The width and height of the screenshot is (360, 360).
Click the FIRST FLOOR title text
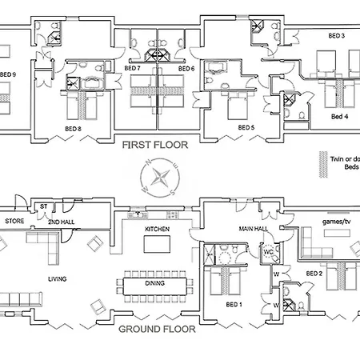(x=155, y=145)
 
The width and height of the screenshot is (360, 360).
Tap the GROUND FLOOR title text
(x=157, y=330)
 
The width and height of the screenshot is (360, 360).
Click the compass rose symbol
(x=160, y=178)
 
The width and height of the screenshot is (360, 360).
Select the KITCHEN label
(x=158, y=229)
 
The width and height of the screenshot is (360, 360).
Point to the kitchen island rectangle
(x=157, y=244)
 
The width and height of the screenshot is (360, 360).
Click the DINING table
(x=155, y=286)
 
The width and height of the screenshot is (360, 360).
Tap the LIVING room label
(x=58, y=279)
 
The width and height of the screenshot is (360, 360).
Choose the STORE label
(x=14, y=221)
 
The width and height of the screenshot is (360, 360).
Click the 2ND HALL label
(x=62, y=222)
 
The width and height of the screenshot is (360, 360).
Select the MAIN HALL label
(x=254, y=229)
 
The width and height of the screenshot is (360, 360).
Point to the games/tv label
(x=337, y=222)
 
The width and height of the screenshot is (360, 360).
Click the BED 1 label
(x=234, y=304)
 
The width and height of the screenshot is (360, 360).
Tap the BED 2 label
(x=314, y=274)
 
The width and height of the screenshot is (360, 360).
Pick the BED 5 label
(x=246, y=127)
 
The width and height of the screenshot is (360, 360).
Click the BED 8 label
(x=73, y=129)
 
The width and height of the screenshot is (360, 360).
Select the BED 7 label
(x=132, y=68)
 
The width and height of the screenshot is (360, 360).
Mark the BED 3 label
(x=337, y=35)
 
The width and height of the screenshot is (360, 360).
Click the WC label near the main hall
(x=268, y=252)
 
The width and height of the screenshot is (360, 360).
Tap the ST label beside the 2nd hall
(x=44, y=206)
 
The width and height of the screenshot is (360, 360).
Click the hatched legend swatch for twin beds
(x=323, y=164)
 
